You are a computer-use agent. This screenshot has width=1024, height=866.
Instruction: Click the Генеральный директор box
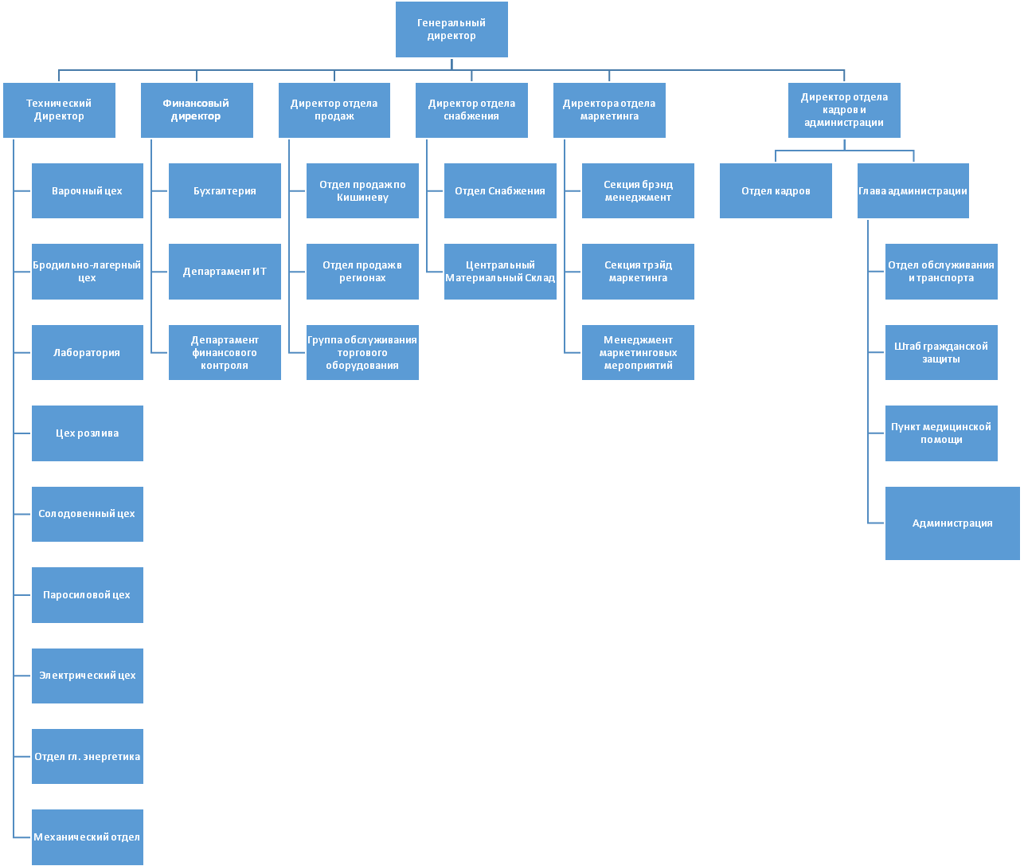(451, 29)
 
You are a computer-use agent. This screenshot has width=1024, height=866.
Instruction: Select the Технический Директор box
(59, 110)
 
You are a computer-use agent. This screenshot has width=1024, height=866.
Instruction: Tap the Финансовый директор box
(197, 110)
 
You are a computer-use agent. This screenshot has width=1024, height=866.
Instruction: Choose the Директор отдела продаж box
(334, 110)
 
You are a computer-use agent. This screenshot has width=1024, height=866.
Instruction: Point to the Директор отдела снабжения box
(471, 110)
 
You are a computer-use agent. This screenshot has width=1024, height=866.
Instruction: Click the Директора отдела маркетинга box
(609, 110)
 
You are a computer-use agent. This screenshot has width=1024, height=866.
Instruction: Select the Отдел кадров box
(776, 191)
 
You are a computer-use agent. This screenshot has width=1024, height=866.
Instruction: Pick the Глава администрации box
(913, 191)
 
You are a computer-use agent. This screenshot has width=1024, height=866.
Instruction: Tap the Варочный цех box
(88, 191)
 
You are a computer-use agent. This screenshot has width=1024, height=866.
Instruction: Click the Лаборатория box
(88, 352)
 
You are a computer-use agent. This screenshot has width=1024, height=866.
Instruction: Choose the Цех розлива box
(88, 433)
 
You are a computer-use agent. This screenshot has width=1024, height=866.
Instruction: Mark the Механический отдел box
(88, 837)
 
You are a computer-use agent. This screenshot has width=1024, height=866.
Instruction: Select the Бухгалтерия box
(225, 191)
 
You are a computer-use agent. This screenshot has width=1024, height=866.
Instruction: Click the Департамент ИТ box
(225, 272)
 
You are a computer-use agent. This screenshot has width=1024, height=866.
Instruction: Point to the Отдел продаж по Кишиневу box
(362, 191)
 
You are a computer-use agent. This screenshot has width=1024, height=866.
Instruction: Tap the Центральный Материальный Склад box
(500, 272)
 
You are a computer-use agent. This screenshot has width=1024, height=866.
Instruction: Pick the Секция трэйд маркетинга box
(638, 272)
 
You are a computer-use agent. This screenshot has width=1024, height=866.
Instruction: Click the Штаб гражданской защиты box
(941, 352)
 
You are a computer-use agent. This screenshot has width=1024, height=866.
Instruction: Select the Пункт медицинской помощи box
(941, 433)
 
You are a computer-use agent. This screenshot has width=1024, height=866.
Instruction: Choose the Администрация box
(952, 523)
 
